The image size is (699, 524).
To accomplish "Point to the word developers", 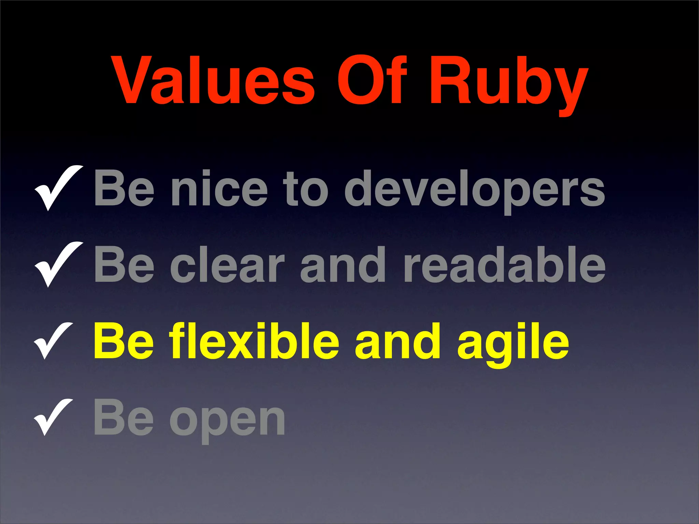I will (474, 191).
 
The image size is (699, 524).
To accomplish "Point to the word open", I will (227, 420).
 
